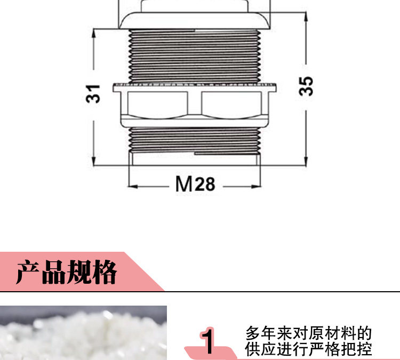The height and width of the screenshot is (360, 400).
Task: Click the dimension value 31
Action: (x=94, y=94)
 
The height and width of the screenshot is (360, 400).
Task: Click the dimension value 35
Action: (x=306, y=86)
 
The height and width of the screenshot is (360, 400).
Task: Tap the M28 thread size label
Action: (x=195, y=184)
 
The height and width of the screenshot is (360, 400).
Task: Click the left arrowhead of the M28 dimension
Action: (x=133, y=186)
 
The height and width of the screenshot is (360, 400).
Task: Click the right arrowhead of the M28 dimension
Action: (x=259, y=186)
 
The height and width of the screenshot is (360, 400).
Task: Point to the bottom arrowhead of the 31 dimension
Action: (x=94, y=162)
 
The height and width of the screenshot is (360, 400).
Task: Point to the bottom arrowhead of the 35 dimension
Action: (x=306, y=162)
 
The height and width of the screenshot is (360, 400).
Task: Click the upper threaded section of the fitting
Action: (x=195, y=56)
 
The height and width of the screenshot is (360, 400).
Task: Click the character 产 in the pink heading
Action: (x=28, y=273)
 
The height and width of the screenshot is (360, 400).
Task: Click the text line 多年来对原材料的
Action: (x=308, y=334)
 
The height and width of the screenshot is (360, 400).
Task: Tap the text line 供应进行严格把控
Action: (x=308, y=350)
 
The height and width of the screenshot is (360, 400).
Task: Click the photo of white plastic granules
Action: (x=83, y=333)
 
